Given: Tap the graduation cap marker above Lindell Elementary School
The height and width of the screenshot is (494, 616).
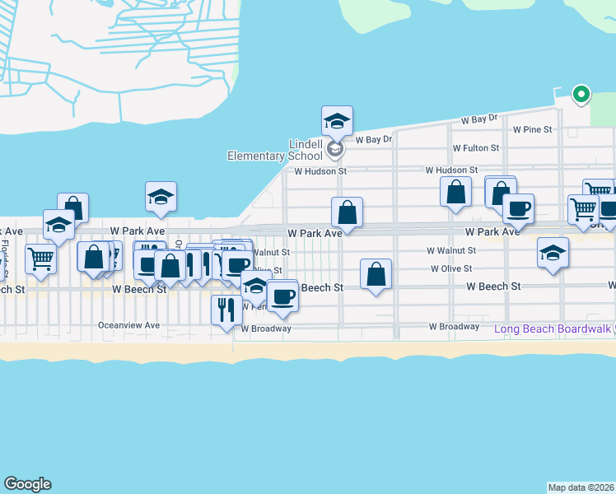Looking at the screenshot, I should click(x=337, y=122).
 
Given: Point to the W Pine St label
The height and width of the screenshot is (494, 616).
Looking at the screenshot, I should click(x=532, y=129).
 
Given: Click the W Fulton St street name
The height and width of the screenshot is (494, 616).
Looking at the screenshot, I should click(x=476, y=148).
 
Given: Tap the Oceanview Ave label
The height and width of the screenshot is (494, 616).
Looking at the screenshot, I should click(x=128, y=325).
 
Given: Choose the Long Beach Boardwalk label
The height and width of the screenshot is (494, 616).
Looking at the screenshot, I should click(x=552, y=329).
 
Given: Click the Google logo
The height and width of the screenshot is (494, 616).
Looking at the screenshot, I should click(x=27, y=484).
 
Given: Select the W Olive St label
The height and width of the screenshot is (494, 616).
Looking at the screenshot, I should click(x=451, y=268).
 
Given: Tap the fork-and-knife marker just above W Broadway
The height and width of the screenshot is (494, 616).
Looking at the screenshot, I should click(x=226, y=310).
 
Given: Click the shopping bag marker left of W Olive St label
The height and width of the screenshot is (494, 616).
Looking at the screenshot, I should click(x=376, y=275).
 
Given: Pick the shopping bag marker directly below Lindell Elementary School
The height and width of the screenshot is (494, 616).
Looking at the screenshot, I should click(x=348, y=212).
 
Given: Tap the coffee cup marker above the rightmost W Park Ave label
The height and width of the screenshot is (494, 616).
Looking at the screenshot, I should click(x=518, y=209).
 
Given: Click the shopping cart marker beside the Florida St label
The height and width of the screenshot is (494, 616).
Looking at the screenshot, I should click(x=40, y=259).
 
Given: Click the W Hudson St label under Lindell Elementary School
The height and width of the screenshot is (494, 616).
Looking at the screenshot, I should click(x=322, y=171).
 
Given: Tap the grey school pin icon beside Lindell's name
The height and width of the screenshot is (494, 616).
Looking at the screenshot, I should click(x=334, y=149).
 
